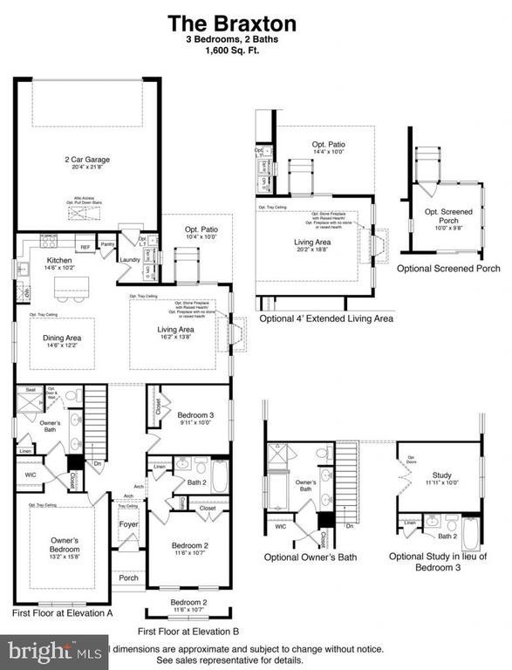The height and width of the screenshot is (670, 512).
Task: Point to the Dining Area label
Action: (62, 338)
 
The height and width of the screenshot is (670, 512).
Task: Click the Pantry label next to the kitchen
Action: (107, 246)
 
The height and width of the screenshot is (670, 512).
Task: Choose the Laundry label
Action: (130, 259)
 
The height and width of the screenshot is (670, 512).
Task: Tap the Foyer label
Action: (128, 523)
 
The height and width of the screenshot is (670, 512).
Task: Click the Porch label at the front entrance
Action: (128, 578)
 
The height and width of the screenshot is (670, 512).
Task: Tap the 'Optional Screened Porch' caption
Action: (448, 269)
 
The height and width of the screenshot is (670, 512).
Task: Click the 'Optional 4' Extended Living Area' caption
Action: (325, 318)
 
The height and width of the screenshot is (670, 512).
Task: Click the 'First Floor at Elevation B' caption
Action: (188, 630)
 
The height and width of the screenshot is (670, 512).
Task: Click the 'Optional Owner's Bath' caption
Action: (311, 557)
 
